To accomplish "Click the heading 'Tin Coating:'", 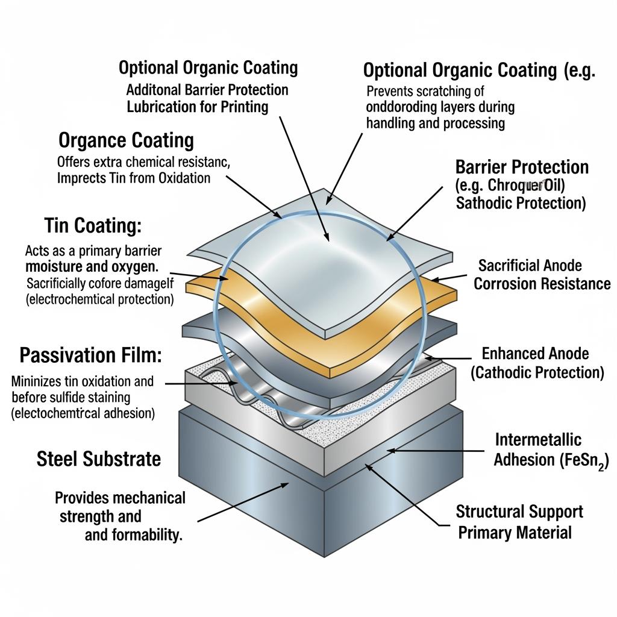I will (x=93, y=226).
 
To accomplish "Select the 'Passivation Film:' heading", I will (x=91, y=355).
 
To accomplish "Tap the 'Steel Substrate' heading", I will (x=99, y=459).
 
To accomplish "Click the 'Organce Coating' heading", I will (x=127, y=141).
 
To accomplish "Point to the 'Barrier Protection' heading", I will (x=522, y=167).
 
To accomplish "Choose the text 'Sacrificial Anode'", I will (x=530, y=266).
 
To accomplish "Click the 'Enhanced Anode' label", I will (x=536, y=354).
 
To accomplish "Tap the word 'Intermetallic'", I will (x=538, y=440).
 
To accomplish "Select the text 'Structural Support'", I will (x=519, y=512).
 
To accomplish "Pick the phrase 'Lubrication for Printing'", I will (x=198, y=107).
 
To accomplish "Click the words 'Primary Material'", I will (x=515, y=533).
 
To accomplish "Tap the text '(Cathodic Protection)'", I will (x=537, y=373).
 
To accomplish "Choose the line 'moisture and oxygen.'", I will (x=92, y=266).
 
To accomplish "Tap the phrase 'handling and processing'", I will (x=436, y=124).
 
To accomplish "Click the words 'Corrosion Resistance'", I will (x=542, y=284).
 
